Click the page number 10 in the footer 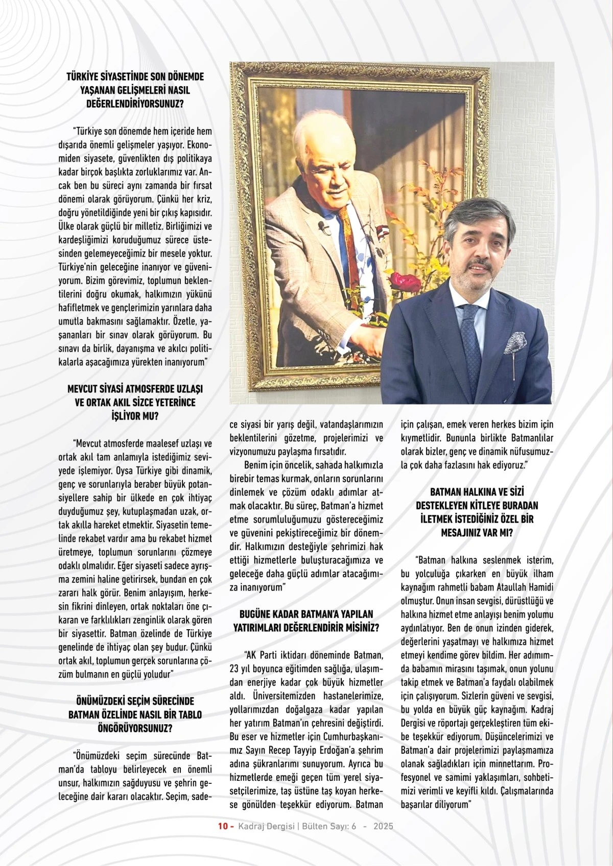tap(222, 826)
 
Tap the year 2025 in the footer tap(383, 826)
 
